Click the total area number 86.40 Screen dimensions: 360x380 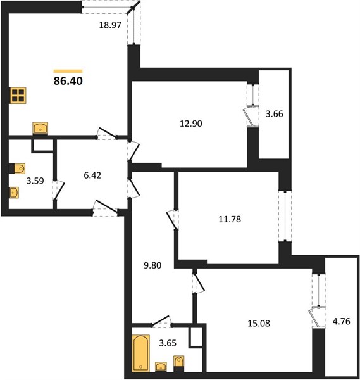[68, 81]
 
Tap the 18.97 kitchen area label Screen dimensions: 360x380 [110, 25]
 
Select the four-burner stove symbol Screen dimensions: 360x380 [18, 96]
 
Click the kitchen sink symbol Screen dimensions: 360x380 [40, 128]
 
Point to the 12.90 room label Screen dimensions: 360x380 [191, 123]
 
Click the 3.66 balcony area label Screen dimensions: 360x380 [275, 113]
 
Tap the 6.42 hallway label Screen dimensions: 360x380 [92, 175]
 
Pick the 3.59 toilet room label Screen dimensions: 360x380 [35, 180]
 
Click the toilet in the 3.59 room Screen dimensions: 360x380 [17, 168]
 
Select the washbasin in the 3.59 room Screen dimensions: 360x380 [15, 193]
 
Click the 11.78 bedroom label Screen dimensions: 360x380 [230, 219]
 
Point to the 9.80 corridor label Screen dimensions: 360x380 [152, 265]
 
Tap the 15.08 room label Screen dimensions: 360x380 [259, 323]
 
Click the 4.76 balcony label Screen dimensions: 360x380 [342, 321]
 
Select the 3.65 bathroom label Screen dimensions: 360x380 [168, 343]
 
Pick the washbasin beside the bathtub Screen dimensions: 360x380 [161, 367]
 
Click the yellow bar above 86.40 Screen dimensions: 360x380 [68, 71]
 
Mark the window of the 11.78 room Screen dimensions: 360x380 [285, 216]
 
